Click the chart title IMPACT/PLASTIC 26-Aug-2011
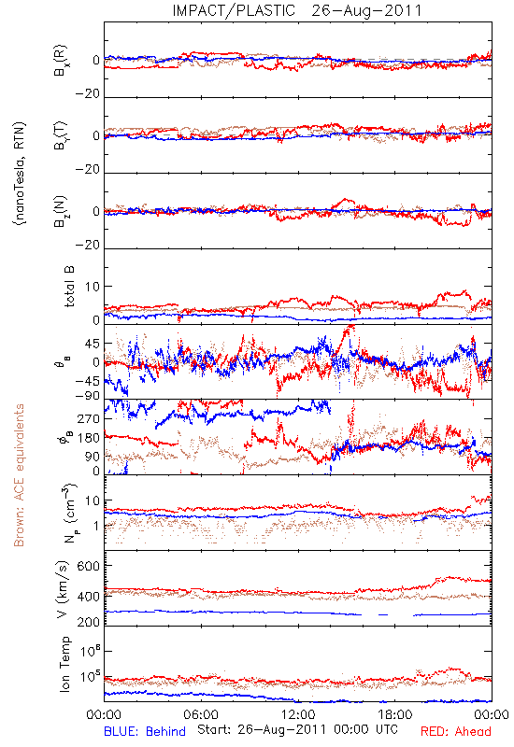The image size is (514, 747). point(297,10)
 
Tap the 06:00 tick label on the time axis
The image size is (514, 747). point(201,715)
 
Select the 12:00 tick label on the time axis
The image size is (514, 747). point(298,715)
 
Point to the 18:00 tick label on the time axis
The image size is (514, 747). point(395,715)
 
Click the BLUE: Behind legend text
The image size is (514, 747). point(145,732)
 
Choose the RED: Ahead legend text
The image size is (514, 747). point(456,732)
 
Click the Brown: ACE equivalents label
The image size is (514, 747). point(19,475)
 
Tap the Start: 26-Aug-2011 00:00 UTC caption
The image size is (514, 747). point(297,729)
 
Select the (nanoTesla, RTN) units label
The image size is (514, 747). point(21,174)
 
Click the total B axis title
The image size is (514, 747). point(69,287)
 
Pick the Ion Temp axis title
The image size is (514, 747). point(64,664)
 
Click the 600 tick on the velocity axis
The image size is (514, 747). point(88,566)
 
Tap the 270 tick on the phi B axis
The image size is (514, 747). point(88,418)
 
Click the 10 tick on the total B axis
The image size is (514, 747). point(93,287)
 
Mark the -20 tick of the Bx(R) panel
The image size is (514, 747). point(87,94)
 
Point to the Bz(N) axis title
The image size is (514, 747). point(61,211)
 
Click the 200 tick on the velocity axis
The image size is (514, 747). point(88,622)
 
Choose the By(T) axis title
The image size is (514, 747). point(61,135)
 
